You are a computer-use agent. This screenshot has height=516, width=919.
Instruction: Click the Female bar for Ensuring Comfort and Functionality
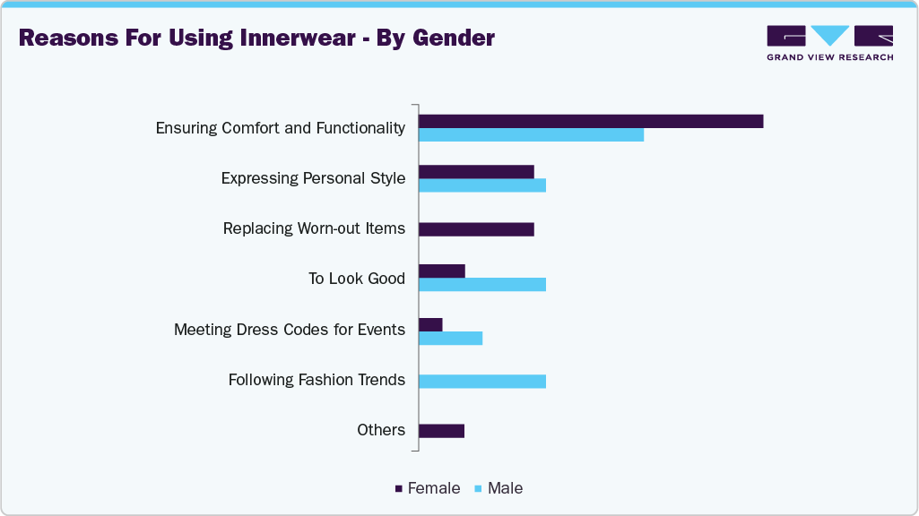[591, 121]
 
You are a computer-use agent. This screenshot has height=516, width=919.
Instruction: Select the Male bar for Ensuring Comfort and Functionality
[531, 134]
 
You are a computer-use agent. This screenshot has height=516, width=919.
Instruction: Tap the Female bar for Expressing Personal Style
[476, 171]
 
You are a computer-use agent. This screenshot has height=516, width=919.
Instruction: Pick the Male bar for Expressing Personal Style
[481, 185]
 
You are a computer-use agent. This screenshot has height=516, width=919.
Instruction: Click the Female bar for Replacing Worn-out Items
[476, 228]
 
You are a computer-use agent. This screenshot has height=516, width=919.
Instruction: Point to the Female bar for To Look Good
[441, 271]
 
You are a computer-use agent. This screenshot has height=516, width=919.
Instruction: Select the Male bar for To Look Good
[481, 285]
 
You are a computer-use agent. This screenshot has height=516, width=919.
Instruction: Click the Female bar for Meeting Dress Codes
[430, 324]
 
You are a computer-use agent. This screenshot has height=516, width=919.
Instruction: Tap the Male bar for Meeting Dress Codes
[450, 338]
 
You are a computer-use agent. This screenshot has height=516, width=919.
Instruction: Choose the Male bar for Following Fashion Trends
[481, 381]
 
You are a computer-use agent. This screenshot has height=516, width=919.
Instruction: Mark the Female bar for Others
[441, 431]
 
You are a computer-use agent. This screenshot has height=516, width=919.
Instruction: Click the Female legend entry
[428, 488]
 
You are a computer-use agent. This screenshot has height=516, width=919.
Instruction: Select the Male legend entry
[499, 488]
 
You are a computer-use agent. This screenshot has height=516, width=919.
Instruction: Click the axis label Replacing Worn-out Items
[314, 228]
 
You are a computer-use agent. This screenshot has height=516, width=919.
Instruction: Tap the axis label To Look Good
[356, 279]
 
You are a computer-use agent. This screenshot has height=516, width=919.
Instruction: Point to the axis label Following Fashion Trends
[316, 380]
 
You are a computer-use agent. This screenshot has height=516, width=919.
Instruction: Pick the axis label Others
[381, 430]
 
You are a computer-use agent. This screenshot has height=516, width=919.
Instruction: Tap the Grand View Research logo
[829, 42]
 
